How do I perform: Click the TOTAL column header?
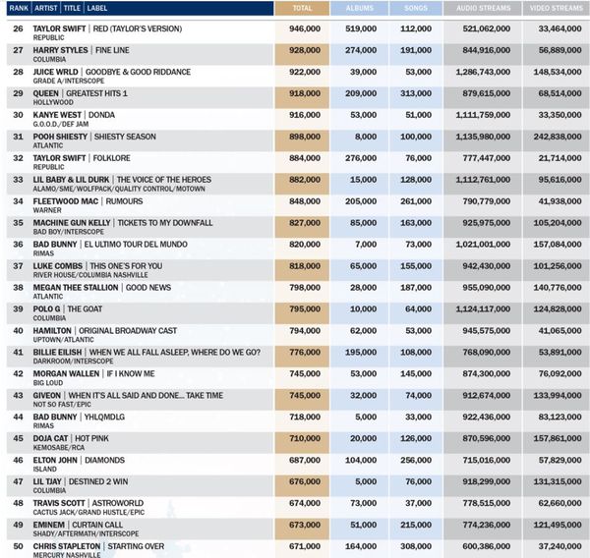tap(302, 8)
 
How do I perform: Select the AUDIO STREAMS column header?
tap(484, 8)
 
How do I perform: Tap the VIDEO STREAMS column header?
tap(557, 8)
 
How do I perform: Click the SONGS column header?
tap(416, 8)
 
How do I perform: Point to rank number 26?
tap(18, 28)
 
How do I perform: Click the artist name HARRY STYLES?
tap(60, 50)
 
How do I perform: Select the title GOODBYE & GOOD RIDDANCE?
tap(138, 72)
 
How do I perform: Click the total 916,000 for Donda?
tap(305, 115)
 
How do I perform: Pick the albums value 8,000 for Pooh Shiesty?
tap(366, 137)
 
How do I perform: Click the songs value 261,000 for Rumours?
tap(416, 201)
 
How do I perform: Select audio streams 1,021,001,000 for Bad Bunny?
tap(483, 245)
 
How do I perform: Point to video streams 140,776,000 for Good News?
tap(558, 288)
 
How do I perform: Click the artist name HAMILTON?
tap(52, 331)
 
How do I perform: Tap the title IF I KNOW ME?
tap(131, 373)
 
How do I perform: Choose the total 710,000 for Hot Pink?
tap(305, 438)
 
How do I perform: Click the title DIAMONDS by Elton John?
tap(104, 460)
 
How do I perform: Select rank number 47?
tap(18, 481)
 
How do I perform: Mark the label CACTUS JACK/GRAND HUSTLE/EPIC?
tap(88, 512)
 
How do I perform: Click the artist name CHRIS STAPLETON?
tap(67, 546)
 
